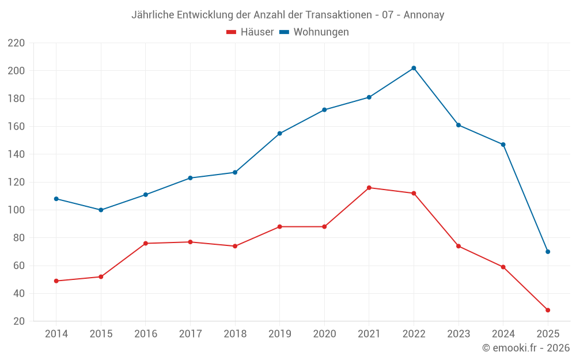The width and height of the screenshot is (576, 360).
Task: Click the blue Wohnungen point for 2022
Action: coord(414,68)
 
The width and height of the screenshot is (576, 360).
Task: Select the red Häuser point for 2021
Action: coord(369,188)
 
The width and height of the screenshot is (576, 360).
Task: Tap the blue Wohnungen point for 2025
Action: coord(548,252)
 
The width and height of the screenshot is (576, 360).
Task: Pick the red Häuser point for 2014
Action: coord(56,281)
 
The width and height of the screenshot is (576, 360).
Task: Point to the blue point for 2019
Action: coord(279,133)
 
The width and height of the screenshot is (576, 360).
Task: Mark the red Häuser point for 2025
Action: coord(548,310)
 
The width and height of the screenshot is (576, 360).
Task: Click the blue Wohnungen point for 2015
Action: coord(101,210)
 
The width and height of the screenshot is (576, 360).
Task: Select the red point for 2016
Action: coord(145,243)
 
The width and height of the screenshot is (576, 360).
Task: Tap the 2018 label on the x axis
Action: coord(235,334)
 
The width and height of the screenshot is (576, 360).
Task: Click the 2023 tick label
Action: coord(458,334)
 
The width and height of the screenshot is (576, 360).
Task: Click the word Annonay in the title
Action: coord(424,15)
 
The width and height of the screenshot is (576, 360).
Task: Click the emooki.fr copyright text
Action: coord(526,348)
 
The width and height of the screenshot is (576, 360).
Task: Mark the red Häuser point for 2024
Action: coord(503,267)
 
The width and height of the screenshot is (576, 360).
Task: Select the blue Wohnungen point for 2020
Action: coord(324,109)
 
